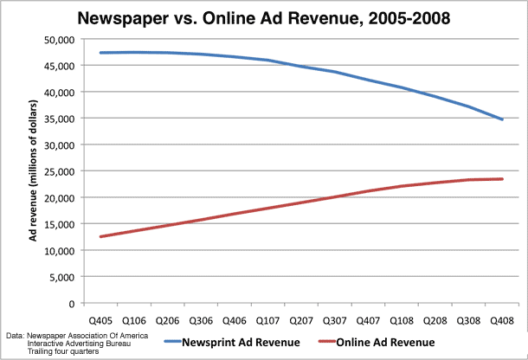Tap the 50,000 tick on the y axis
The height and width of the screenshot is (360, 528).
[x=58, y=39]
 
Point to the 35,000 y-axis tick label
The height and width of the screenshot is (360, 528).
[x=58, y=119]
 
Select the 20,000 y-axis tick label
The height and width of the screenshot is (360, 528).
[x=58, y=197]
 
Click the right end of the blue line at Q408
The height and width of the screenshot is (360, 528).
[x=502, y=119]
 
